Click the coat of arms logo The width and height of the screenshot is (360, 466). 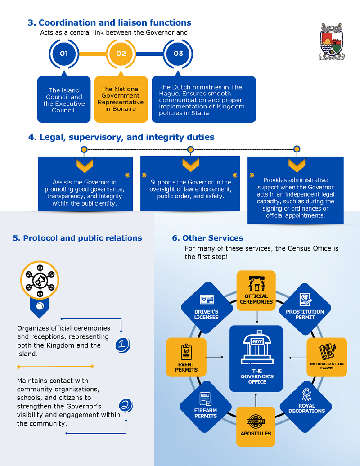332,42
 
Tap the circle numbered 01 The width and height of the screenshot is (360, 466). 64,54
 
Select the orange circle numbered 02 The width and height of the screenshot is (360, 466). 121,54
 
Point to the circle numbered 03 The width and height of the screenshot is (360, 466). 178,54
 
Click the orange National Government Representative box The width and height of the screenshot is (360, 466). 121,99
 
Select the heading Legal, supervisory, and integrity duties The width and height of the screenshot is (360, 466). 121,137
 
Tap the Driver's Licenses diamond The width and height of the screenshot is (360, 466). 207,308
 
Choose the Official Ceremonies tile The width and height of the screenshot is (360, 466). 256,291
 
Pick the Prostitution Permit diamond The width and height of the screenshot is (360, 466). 305,308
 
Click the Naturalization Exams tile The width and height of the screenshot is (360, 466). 327,357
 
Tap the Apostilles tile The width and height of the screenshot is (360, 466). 256,426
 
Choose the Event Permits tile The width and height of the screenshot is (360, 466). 186,357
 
